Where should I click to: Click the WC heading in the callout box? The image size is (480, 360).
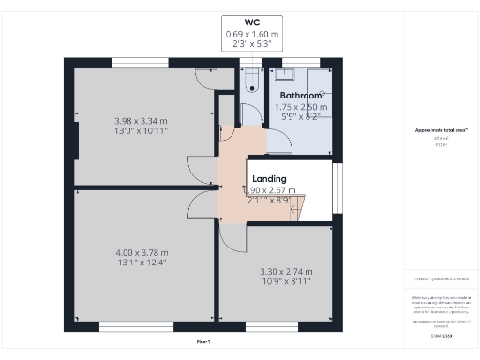point(251,22)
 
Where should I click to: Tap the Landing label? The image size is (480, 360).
point(269,179)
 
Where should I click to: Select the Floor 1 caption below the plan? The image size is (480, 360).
point(203,341)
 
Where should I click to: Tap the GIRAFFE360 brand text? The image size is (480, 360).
point(440,335)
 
